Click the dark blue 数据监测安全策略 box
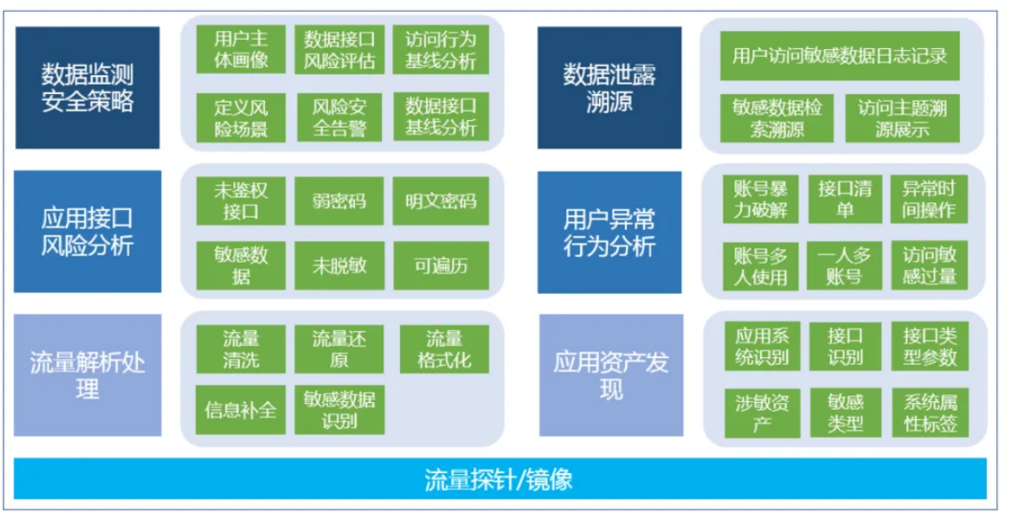click(87, 88)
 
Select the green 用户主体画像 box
click(241, 50)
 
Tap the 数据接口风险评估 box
click(339, 50)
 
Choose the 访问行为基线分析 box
click(441, 50)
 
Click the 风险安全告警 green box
click(339, 117)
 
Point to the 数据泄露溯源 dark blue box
click(609, 88)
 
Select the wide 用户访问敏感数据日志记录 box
click(839, 56)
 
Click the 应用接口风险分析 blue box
click(87, 232)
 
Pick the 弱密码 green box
click(339, 201)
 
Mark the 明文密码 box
click(441, 201)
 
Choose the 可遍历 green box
click(441, 266)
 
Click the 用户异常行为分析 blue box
click(609, 232)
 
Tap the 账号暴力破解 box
click(760, 199)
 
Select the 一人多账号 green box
click(845, 265)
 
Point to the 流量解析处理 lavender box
click(87, 376)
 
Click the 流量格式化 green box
click(444, 350)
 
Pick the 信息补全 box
click(241, 411)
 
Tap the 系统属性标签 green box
click(929, 413)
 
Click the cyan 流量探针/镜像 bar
click(500, 479)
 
